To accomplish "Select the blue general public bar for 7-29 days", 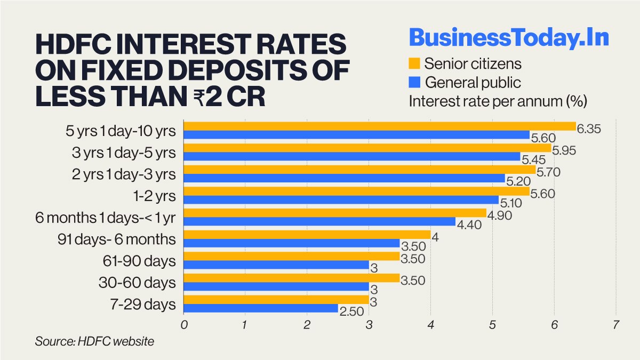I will pyautogui.click(x=261, y=308).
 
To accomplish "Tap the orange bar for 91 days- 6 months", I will pyautogui.click(x=307, y=235).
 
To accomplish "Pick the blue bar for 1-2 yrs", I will pyautogui.click(x=341, y=200).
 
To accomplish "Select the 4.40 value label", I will pyautogui.click(x=469, y=225).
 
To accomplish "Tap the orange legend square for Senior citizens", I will pyautogui.click(x=415, y=63).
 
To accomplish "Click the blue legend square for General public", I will pyautogui.click(x=415, y=82).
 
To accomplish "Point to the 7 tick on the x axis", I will pyautogui.click(x=616, y=325).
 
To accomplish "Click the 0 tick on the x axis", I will pyautogui.click(x=184, y=325).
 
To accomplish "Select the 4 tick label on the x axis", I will pyautogui.click(x=431, y=325).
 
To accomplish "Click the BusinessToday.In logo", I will pyautogui.click(x=509, y=38).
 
